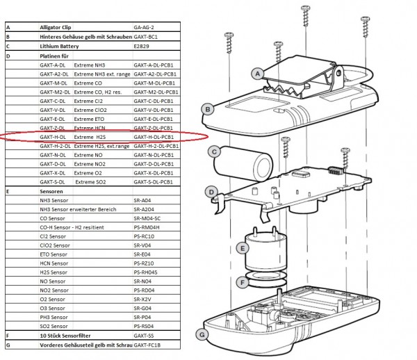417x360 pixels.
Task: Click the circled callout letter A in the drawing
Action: point(256,73)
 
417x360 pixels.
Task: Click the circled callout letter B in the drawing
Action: point(206,108)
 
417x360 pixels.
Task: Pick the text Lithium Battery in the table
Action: point(59,46)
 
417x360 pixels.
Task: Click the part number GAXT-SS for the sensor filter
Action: point(144,336)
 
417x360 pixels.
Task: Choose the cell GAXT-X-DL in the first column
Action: point(53,172)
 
